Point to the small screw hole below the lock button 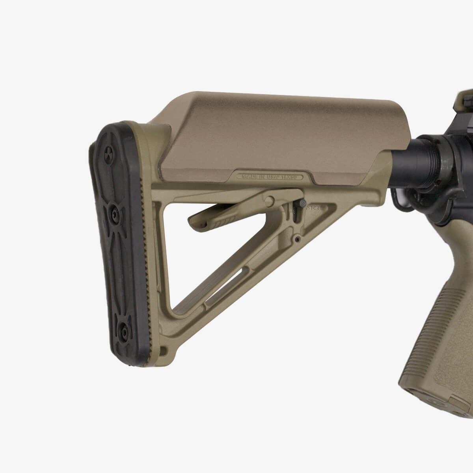click(298, 239)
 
